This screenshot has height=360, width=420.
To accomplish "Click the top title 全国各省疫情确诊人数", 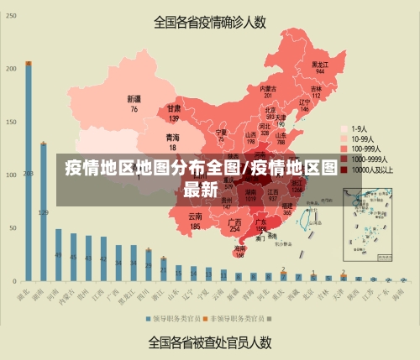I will click(x=209, y=22).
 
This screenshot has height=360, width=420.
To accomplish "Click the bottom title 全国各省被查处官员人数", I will click(x=209, y=342).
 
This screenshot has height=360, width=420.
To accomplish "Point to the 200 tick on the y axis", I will click(x=11, y=68).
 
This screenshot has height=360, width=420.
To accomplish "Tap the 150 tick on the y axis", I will click(x=11, y=122).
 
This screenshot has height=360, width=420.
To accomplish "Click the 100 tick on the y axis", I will click(x=11, y=175).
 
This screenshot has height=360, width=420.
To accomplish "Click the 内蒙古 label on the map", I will click(x=268, y=88).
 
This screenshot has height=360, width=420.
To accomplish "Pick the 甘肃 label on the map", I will click(x=174, y=108).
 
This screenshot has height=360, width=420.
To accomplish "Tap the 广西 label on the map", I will click(x=235, y=221).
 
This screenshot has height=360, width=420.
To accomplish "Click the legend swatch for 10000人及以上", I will click(x=344, y=169).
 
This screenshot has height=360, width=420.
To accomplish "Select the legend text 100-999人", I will click(x=368, y=148).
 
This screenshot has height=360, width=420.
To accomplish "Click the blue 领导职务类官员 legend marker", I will click(x=148, y=319).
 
